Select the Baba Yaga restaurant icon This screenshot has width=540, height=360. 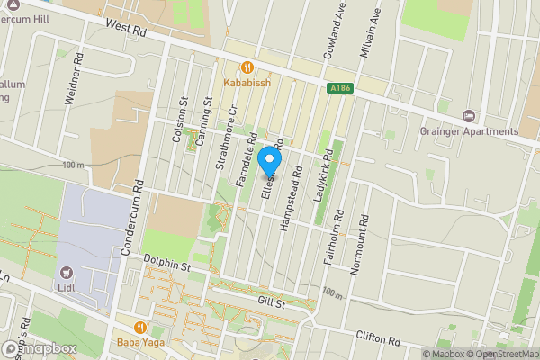[139, 328]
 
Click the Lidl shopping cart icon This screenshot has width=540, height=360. [67, 272]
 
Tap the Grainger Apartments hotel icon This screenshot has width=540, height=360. [467, 116]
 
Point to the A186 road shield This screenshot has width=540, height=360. [335, 88]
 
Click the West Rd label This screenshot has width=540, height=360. [124, 30]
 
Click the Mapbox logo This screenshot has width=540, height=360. [38, 348]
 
